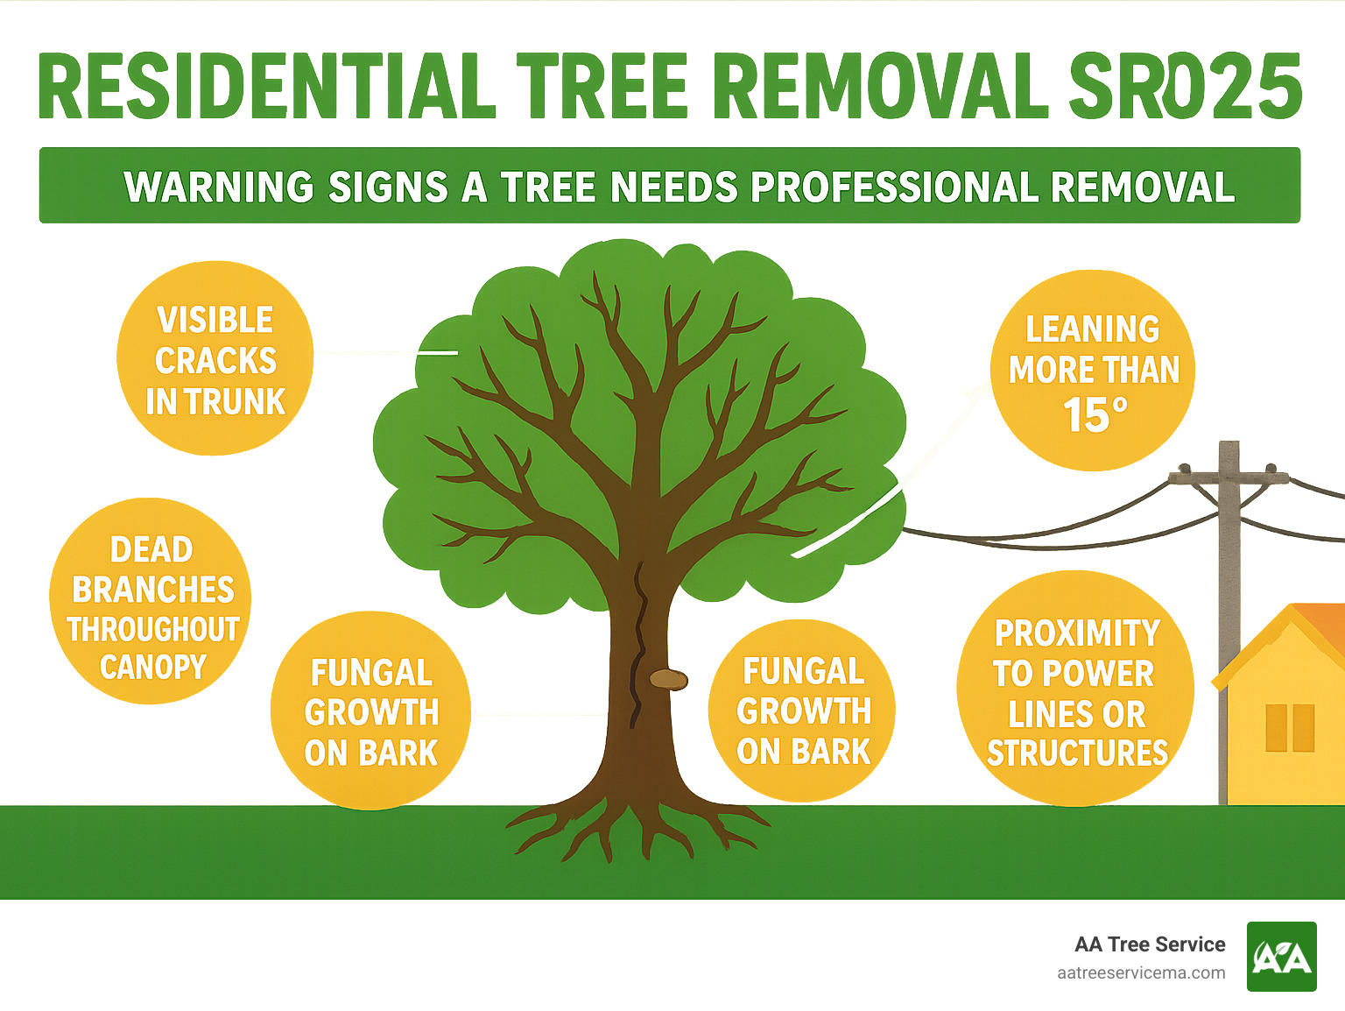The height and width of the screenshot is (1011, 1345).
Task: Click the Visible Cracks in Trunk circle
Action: click(x=215, y=358)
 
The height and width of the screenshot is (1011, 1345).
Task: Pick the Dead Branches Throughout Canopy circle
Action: click(x=151, y=602)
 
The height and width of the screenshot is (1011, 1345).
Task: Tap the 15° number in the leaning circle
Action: click(x=1094, y=415)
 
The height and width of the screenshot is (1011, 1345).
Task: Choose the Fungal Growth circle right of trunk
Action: click(x=802, y=711)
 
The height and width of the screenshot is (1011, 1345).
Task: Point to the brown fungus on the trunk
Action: click(x=668, y=679)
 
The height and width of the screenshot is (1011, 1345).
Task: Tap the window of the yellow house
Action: click(x=1290, y=727)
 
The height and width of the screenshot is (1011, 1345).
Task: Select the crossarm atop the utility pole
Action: click(x=1229, y=477)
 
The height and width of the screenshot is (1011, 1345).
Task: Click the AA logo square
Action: click(x=1281, y=957)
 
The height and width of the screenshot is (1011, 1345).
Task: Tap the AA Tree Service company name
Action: click(x=1150, y=944)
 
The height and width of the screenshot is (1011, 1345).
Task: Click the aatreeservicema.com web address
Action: click(x=1141, y=973)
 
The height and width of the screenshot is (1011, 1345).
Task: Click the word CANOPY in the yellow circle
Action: click(x=152, y=668)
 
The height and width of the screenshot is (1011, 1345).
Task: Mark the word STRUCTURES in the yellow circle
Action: click(x=1077, y=753)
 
